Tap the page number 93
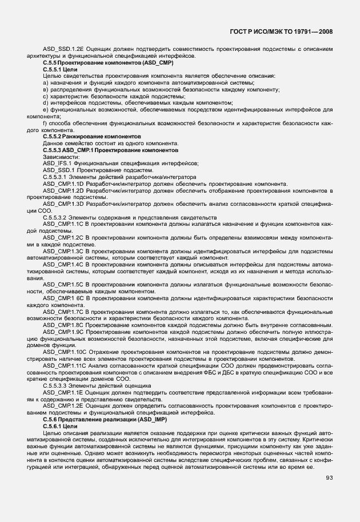coord(330,477)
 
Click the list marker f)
coord(45,123)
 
